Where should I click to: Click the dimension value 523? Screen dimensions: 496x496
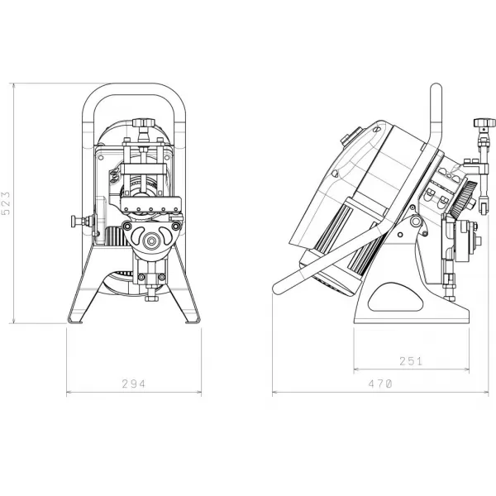pyautogui.click(x=7, y=203)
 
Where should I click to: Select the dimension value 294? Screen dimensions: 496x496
pyautogui.click(x=133, y=384)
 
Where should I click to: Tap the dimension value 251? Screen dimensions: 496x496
pyautogui.click(x=411, y=360)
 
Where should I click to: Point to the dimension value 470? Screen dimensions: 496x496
pyautogui.click(x=379, y=384)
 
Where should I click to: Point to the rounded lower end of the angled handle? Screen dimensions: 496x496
pyautogui.click(x=279, y=287)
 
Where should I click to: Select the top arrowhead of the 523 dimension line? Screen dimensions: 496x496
pyautogui.click(x=15, y=85)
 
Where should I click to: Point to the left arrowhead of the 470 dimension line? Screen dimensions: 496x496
pyautogui.click(x=275, y=393)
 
